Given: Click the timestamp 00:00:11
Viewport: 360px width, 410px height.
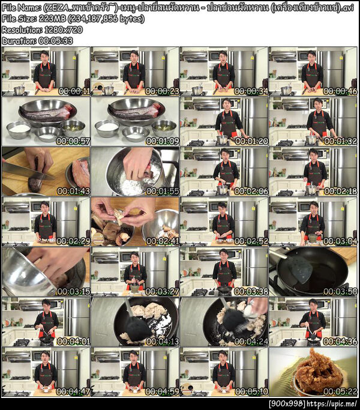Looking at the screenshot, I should pyautogui.click(x=72, y=91).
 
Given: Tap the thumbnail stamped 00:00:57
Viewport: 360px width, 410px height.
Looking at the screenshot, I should pyautogui.click(x=46, y=122).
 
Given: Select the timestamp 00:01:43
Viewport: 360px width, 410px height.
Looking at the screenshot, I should pyautogui.click(x=72, y=191).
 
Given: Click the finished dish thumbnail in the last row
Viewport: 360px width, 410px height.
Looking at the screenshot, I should pyautogui.click(x=313, y=371).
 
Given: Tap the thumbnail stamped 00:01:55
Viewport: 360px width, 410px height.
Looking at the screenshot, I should pyautogui.click(x=135, y=172).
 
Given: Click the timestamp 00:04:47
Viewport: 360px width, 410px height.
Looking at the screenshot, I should pyautogui.click(x=72, y=391).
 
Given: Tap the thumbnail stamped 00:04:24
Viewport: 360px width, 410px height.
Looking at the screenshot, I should pyautogui.click(x=224, y=321).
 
